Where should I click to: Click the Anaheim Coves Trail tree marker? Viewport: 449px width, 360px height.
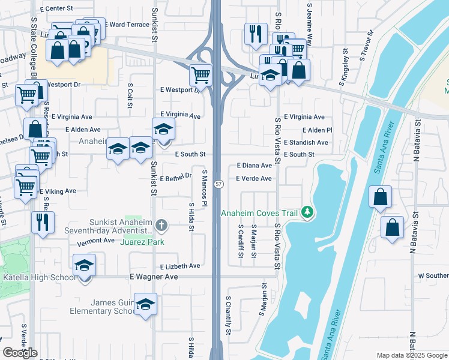(x=307, y=212)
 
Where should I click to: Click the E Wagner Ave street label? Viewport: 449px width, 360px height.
(x=154, y=277)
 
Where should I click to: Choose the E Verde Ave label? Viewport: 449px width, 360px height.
(x=253, y=178)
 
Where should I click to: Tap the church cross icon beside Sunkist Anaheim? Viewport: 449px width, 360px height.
(x=160, y=226)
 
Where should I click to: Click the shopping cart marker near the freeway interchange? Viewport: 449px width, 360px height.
(x=200, y=75)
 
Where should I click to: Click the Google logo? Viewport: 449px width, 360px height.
(x=20, y=353)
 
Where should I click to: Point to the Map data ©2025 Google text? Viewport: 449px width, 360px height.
(x=411, y=356)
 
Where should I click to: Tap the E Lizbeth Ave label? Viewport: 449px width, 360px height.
(x=180, y=266)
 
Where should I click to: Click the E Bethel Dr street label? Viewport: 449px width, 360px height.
(x=175, y=178)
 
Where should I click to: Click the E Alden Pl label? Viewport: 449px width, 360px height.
(x=317, y=130)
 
